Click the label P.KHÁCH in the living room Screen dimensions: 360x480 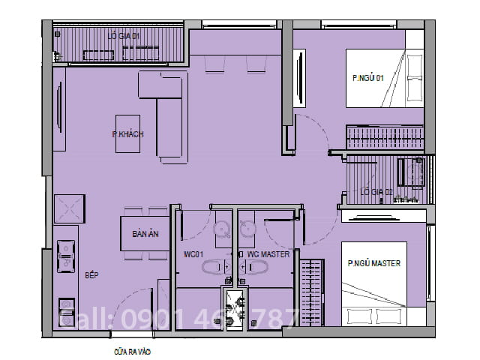coord(127,134)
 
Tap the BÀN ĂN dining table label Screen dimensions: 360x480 coord(145,234)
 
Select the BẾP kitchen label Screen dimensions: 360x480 coord(91,276)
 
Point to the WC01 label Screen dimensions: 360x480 coord(193,255)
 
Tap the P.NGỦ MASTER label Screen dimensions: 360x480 coord(373,264)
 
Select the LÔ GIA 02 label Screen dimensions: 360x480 coord(376,192)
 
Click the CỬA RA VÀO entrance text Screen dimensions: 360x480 coord(133,349)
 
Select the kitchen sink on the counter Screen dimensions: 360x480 coord(65,255)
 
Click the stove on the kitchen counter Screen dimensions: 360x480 coord(65,312)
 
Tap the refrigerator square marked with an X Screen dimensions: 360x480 coord(70,208)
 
